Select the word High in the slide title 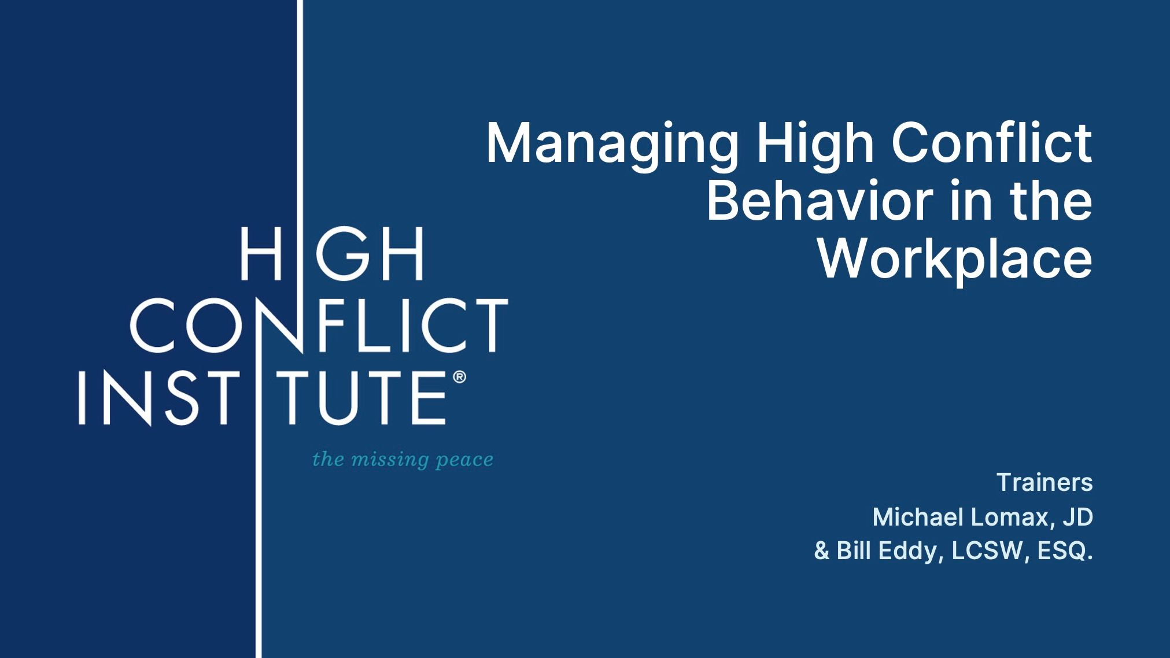pyautogui.click(x=815, y=145)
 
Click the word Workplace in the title pyautogui.click(x=955, y=260)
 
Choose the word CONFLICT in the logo pyautogui.click(x=319, y=325)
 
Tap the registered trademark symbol pyautogui.click(x=459, y=377)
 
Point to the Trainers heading pyautogui.click(x=1044, y=482)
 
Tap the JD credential pyautogui.click(x=1078, y=517)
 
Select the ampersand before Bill pyautogui.click(x=822, y=550)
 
